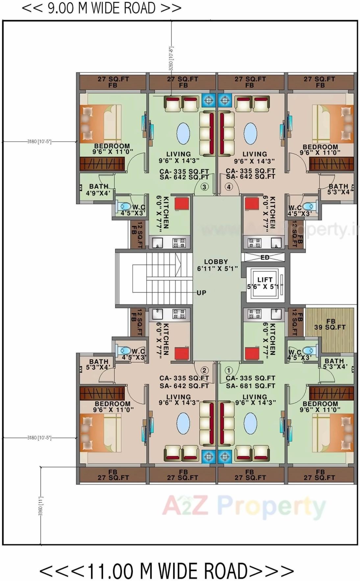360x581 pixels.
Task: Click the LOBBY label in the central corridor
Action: pyautogui.click(x=216, y=262)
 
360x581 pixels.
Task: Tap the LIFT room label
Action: pyautogui.click(x=265, y=280)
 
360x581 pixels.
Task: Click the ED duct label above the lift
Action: pyautogui.click(x=265, y=257)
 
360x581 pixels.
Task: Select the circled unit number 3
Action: pyautogui.click(x=204, y=187)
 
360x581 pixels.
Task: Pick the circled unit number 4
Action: pyautogui.click(x=228, y=187)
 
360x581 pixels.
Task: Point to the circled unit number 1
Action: pyautogui.click(x=228, y=370)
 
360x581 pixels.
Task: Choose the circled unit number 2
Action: pyautogui.click(x=204, y=370)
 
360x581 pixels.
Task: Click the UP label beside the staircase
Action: pyautogui.click(x=202, y=292)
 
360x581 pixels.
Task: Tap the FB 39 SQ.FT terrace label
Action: pyautogui.click(x=330, y=324)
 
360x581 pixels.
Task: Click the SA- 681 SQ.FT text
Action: pyautogui.click(x=250, y=386)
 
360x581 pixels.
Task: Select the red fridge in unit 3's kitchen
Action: pyautogui.click(x=181, y=203)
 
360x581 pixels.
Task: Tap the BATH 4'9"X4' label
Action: pyautogui.click(x=98, y=190)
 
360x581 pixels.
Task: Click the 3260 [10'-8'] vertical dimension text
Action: pyautogui.click(x=171, y=58)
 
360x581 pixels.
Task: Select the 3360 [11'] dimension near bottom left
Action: pyautogui.click(x=41, y=506)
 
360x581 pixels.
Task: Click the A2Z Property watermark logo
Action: pyautogui.click(x=243, y=506)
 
